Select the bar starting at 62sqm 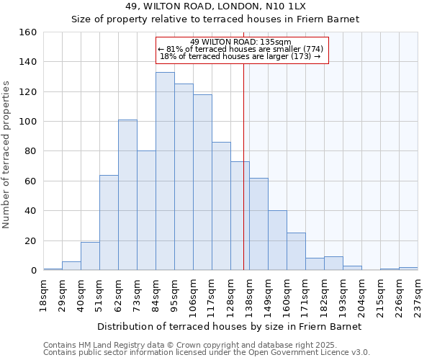click(127, 195)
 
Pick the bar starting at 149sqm click(277, 240)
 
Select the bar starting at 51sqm click(109, 222)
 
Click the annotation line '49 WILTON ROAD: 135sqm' click(241, 42)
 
